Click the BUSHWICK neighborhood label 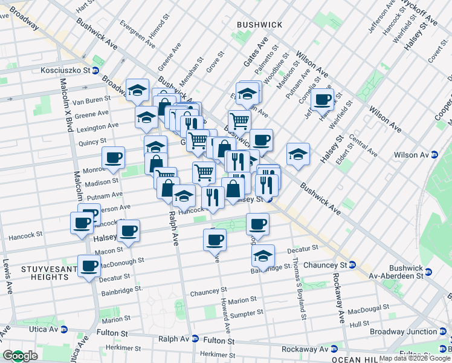[x=260, y=24]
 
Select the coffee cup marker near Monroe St [x=114, y=159]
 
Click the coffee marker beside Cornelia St [x=323, y=99]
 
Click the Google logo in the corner [x=20, y=356]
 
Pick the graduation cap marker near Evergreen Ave [x=138, y=91]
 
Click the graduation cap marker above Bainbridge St [x=263, y=256]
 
